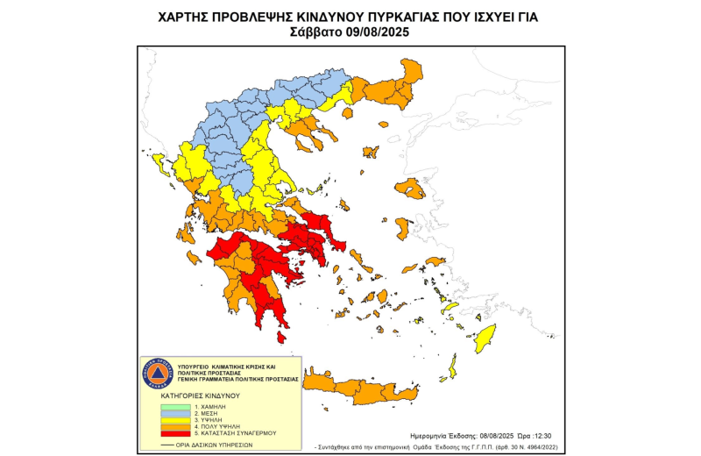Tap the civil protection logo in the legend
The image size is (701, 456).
coord(156,374)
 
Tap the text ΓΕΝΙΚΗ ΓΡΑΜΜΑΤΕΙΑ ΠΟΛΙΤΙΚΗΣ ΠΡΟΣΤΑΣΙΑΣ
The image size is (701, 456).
coord(237,379)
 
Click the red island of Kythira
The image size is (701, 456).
coord(281,337)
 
